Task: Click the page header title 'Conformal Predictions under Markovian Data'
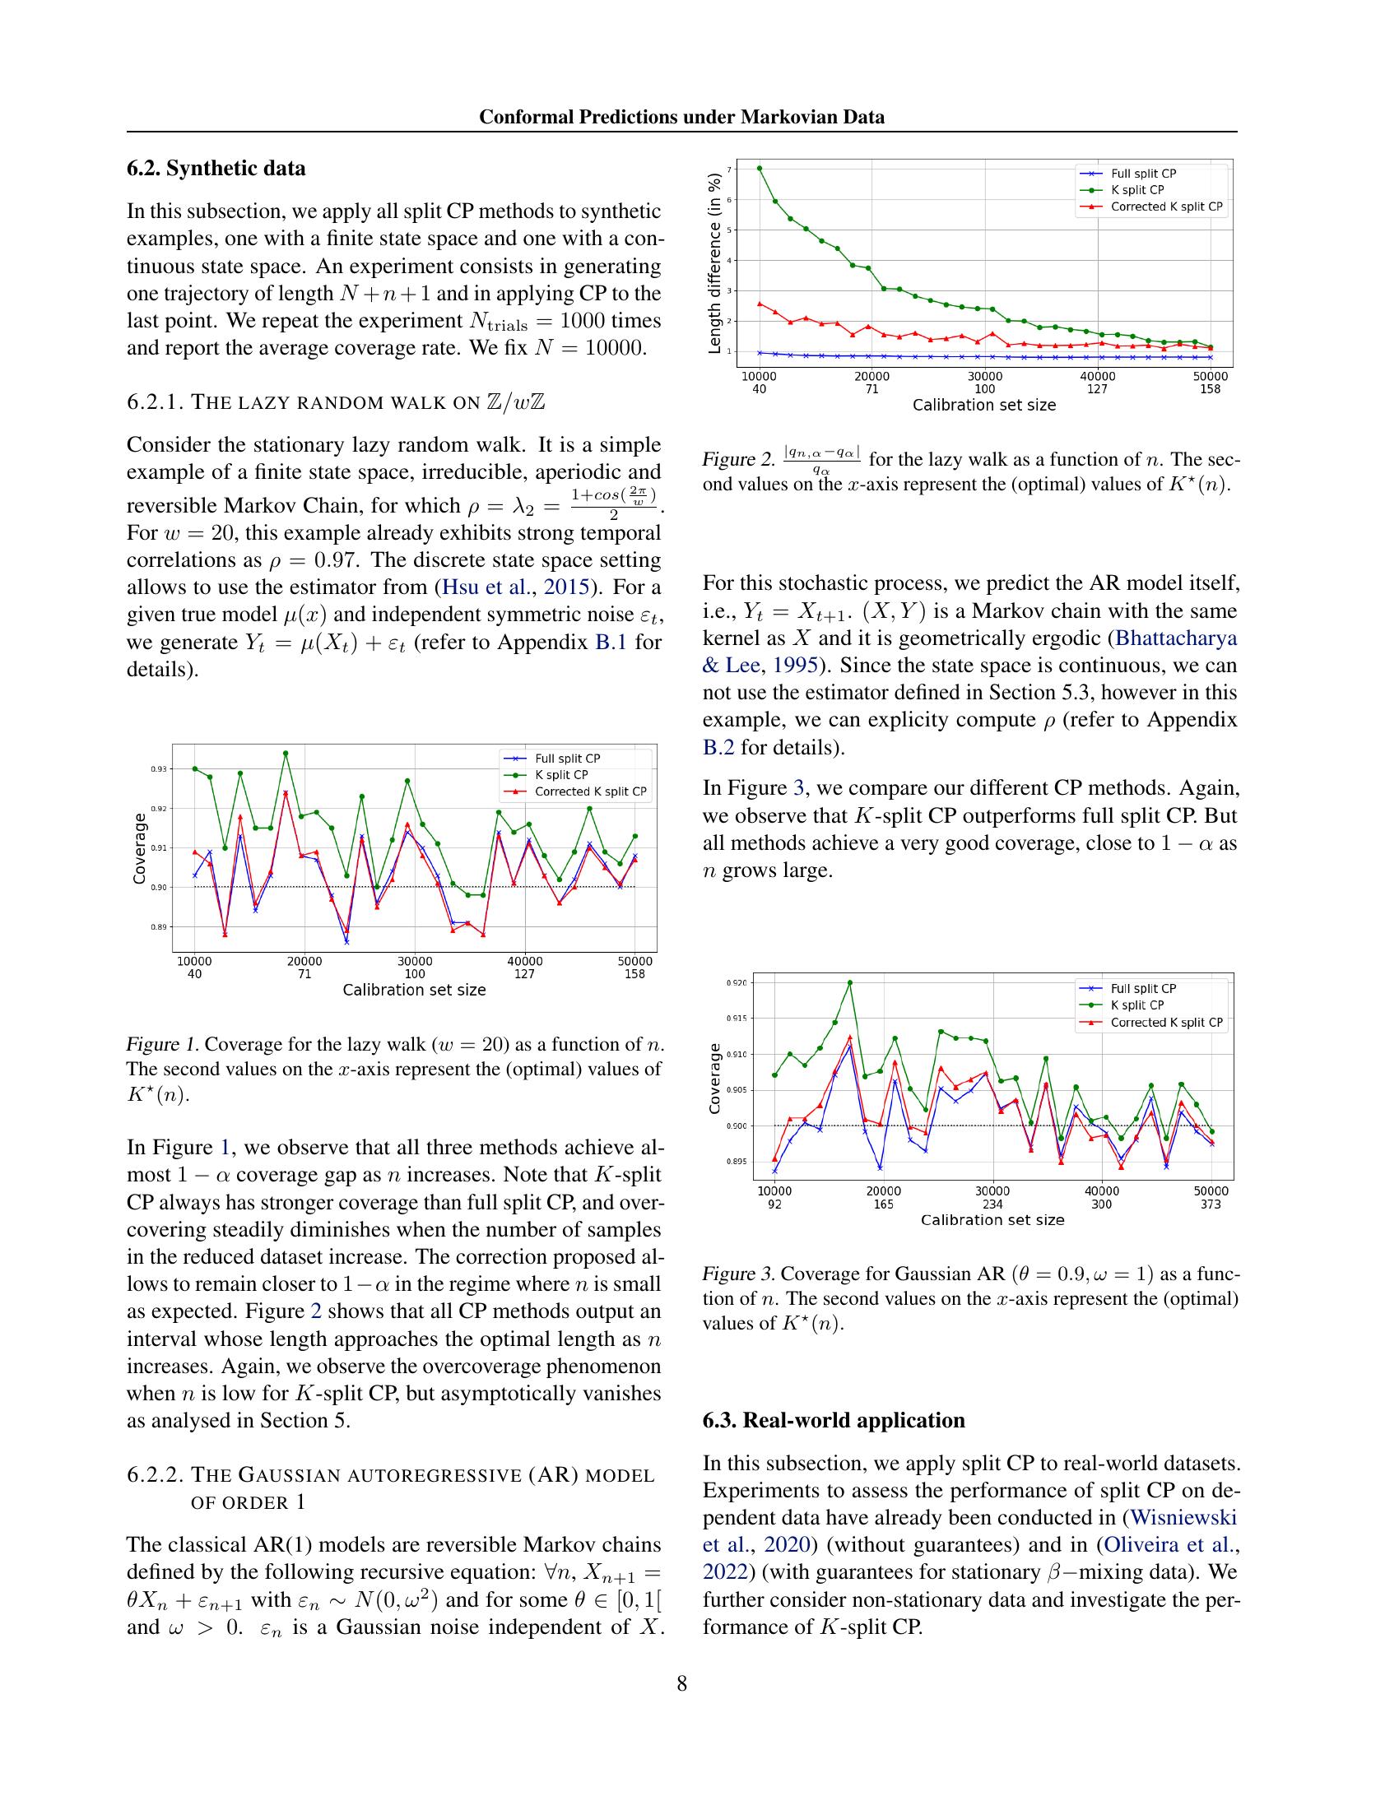(681, 117)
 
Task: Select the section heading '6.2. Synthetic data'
(216, 168)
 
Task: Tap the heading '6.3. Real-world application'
(833, 1420)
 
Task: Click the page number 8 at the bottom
(681, 1683)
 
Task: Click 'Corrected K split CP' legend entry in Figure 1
(590, 791)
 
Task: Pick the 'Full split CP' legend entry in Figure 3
(1143, 989)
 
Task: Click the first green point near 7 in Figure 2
(760, 168)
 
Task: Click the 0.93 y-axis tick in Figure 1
(158, 769)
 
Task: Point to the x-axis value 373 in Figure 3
(1210, 1204)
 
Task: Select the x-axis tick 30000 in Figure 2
(984, 376)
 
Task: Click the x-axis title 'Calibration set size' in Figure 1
(415, 990)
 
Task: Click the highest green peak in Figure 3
(849, 983)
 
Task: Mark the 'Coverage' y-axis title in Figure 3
(714, 1078)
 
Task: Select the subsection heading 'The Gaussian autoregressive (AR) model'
(423, 1474)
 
